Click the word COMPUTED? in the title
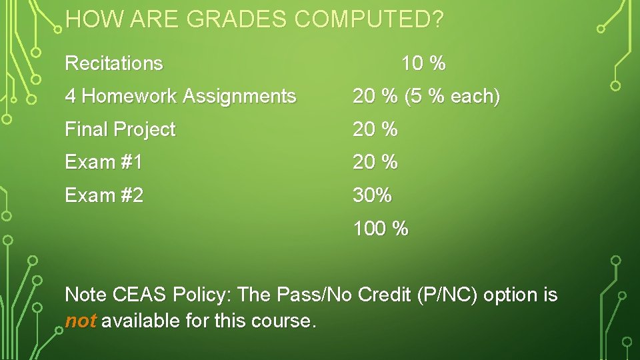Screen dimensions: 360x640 pyautogui.click(x=369, y=20)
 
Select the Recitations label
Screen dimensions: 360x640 pyautogui.click(x=114, y=63)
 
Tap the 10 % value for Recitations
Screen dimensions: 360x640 pyautogui.click(x=423, y=64)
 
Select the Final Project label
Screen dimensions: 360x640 pyautogui.click(x=120, y=129)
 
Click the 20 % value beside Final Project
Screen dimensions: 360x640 pyautogui.click(x=375, y=129)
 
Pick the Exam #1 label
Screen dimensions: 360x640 pyautogui.click(x=103, y=162)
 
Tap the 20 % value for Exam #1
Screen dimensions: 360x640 pyautogui.click(x=375, y=162)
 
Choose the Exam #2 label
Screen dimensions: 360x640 pyautogui.click(x=104, y=195)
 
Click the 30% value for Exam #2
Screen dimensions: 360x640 pyautogui.click(x=373, y=195)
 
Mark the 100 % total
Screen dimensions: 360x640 pyautogui.click(x=381, y=229)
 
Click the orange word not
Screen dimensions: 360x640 pyautogui.click(x=81, y=321)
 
